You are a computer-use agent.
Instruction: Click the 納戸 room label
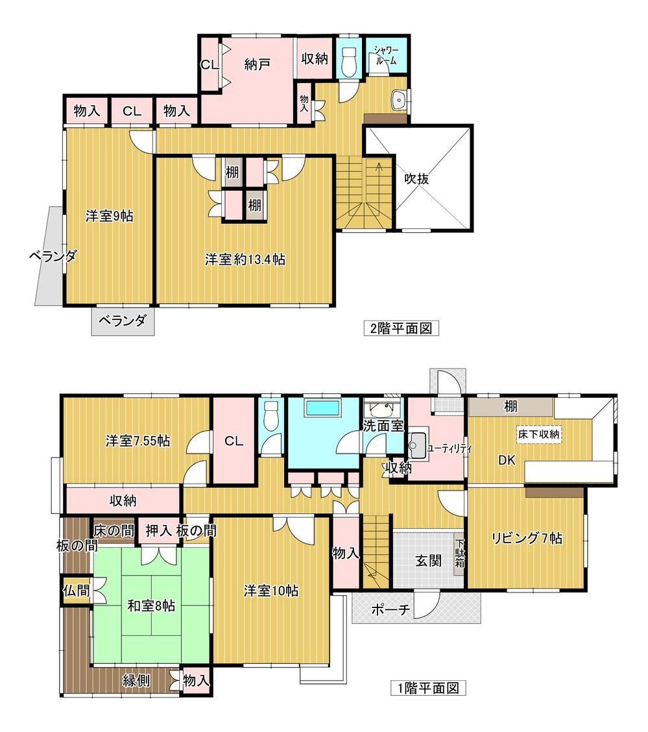coord(257,64)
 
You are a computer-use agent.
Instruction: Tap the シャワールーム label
coord(387,55)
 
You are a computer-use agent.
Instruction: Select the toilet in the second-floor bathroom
coord(349,62)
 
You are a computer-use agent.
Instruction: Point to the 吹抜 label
coord(416,178)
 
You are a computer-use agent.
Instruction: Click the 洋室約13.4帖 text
coord(245,259)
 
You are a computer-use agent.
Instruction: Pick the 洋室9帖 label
coord(109,215)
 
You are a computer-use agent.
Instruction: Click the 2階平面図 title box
coord(402,328)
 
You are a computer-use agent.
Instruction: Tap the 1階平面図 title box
coord(428,688)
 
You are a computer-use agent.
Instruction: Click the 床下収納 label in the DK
coord(538,434)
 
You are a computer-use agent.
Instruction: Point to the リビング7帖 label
coord(527,538)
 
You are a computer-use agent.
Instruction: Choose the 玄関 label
coord(428,560)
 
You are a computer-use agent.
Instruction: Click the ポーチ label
coord(390,609)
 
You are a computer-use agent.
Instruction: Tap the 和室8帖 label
coord(151,606)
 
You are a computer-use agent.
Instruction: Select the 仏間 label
coord(77,590)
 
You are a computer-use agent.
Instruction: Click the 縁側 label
coord(136,680)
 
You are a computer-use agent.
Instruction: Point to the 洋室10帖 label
coord(271,591)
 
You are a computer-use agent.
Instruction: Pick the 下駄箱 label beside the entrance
coord(459,553)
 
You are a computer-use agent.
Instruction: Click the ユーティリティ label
coord(450,450)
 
